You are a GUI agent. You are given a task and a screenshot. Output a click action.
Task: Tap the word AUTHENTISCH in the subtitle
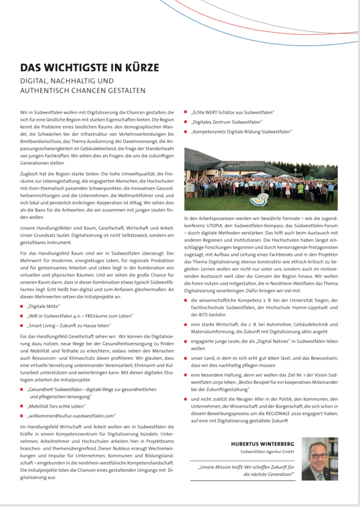pyautogui.click(x=44, y=90)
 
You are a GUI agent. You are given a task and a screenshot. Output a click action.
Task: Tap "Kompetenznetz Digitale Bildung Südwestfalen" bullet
pyautogui.click(x=242, y=132)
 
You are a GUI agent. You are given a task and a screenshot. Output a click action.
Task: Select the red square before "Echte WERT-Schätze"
pyautogui.click(x=186, y=112)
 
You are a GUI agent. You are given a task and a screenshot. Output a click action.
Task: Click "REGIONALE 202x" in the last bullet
pyautogui.click(x=274, y=414)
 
